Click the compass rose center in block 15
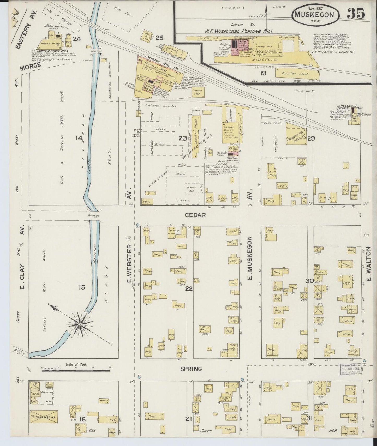(x=80, y=324)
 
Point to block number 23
(x=183, y=138)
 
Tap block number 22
(x=189, y=289)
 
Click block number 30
(x=310, y=281)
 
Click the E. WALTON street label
(x=369, y=265)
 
